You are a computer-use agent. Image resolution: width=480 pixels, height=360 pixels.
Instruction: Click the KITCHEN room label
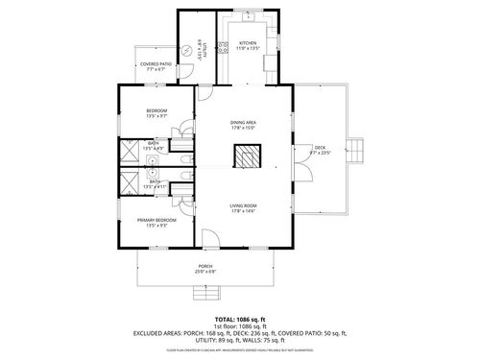248,43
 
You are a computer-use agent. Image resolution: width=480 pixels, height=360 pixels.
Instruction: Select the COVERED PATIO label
156,65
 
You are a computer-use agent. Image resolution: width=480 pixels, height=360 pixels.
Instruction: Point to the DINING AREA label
243,123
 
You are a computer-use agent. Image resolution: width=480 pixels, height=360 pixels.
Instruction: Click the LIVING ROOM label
243,205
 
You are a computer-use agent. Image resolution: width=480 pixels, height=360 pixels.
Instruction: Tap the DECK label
320,150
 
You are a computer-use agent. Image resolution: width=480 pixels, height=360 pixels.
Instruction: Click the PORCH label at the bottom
205,267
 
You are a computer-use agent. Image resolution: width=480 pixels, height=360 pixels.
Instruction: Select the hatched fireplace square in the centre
249,156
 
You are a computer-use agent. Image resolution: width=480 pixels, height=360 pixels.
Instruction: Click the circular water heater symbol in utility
187,53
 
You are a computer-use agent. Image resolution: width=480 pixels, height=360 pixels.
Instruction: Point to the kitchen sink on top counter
249,17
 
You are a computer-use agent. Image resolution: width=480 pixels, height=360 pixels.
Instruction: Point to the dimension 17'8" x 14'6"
243,211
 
